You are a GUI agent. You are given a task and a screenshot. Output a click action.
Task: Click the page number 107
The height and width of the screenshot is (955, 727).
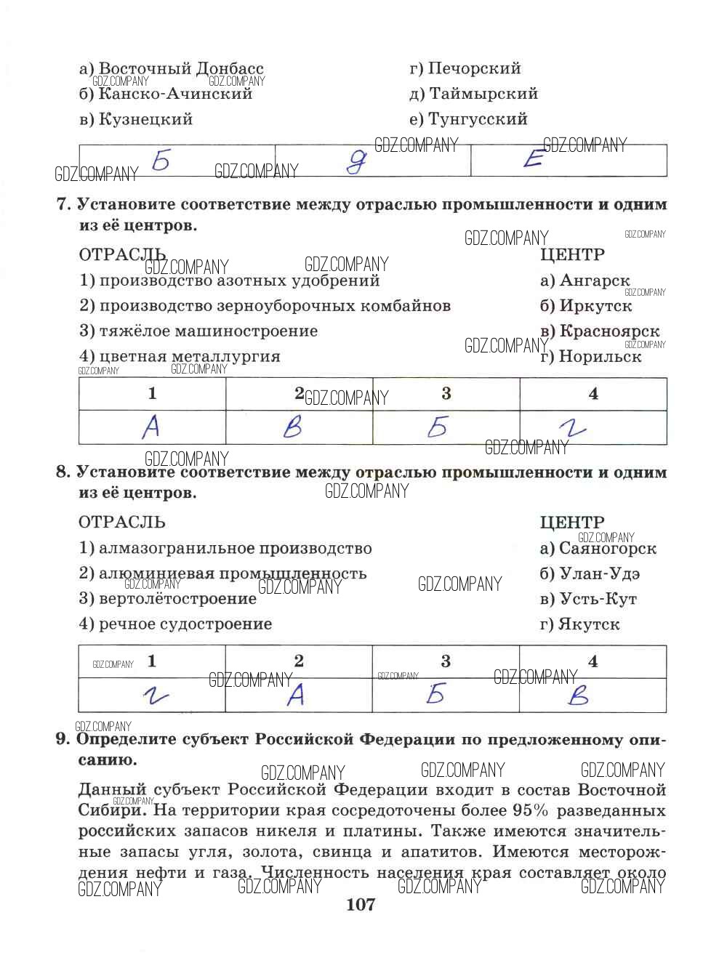pyautogui.click(x=361, y=905)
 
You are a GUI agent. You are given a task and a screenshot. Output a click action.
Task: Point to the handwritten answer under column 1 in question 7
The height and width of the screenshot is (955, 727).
pyautogui.click(x=150, y=427)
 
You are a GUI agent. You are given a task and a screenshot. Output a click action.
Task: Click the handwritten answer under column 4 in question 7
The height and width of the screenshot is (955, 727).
pyautogui.click(x=575, y=429)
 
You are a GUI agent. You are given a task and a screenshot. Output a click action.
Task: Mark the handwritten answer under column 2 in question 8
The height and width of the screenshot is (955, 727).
pyautogui.click(x=295, y=696)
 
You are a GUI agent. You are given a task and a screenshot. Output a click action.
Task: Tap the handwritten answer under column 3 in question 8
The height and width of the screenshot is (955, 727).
pyautogui.click(x=435, y=695)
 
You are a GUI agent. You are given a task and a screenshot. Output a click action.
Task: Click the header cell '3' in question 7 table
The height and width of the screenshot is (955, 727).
pyautogui.click(x=446, y=394)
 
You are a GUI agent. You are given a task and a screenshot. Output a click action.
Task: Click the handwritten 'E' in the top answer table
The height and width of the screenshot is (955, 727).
pyautogui.click(x=533, y=160)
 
